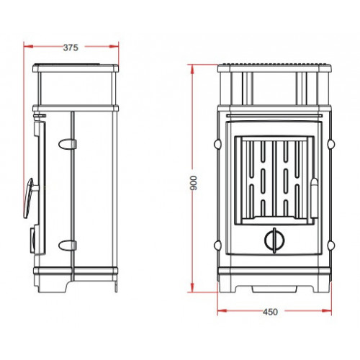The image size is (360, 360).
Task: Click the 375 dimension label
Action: [71, 48]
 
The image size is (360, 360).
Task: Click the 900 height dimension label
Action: [194, 183]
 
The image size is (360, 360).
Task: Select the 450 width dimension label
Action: [270, 312]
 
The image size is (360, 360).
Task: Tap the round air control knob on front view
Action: [275, 240]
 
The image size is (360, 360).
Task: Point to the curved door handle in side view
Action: [28, 198]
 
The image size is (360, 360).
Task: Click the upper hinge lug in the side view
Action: [68, 144]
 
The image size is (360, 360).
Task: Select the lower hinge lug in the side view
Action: [68, 245]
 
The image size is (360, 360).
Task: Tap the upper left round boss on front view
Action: [217, 144]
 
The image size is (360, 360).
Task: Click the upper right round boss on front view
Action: [331, 144]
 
